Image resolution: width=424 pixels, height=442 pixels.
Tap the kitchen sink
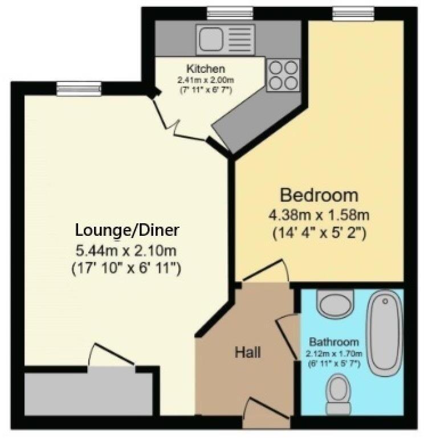click(224, 39)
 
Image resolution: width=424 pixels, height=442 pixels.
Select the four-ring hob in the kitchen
click(283, 75)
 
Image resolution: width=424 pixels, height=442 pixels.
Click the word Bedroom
click(319, 195)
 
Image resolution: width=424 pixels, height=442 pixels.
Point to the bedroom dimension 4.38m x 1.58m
click(319, 215)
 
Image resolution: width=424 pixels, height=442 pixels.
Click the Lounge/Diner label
click(127, 230)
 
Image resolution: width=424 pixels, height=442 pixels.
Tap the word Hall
click(248, 353)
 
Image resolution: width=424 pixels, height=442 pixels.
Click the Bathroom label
click(334, 342)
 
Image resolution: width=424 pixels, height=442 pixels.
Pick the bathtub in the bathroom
click(386, 333)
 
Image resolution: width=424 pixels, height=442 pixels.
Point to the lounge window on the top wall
click(79, 88)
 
